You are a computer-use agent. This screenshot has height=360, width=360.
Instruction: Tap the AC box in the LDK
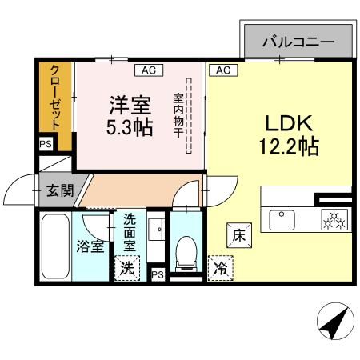tap(222, 70)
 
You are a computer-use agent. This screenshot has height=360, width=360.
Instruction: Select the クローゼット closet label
tap(55, 98)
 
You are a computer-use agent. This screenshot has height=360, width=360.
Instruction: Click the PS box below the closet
tap(45, 146)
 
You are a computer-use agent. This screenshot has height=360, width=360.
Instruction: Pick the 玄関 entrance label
tap(58, 191)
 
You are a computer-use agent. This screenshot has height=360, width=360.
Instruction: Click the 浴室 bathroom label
tap(90, 246)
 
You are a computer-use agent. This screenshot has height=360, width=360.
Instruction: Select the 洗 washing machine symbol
tap(127, 269)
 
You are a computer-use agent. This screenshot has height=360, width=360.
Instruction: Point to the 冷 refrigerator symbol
tap(218, 269)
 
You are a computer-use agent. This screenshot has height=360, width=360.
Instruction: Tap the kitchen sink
tap(282, 218)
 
